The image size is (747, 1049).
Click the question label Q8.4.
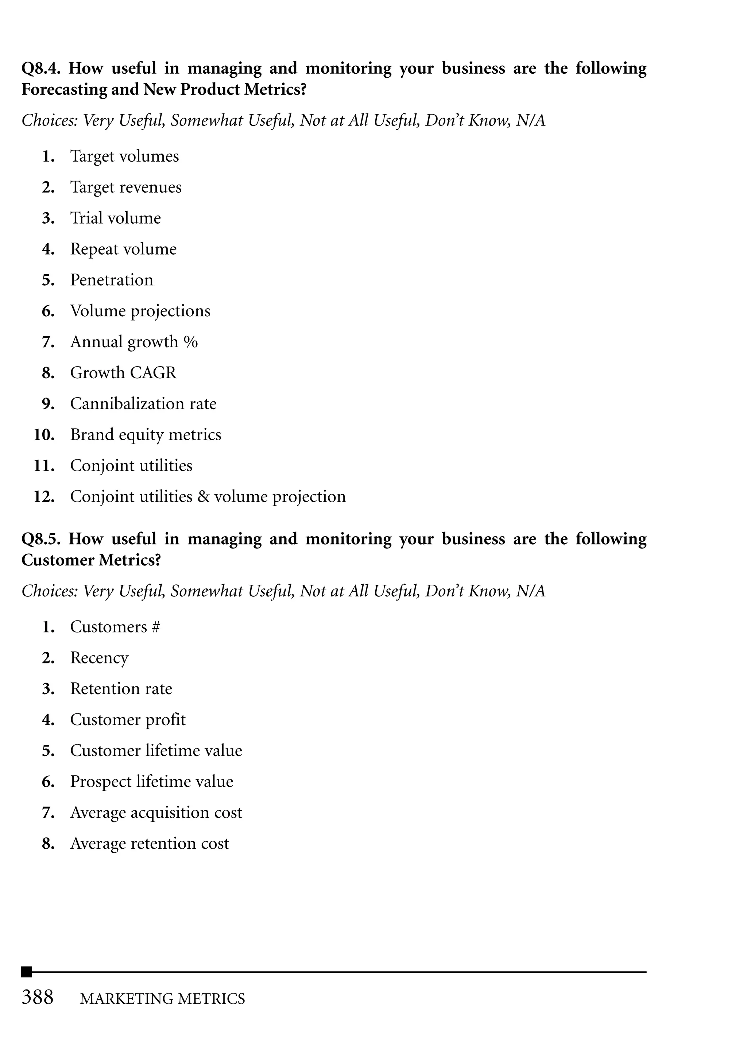40,69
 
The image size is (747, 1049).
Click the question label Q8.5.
40,539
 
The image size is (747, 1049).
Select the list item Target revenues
125,187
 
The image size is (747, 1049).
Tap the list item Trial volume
116,218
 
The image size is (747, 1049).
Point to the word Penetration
111,280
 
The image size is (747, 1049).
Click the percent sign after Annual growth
190,342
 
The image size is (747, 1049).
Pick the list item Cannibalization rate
143,404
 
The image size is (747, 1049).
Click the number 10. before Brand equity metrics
44,435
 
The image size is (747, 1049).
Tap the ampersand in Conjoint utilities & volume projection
203,497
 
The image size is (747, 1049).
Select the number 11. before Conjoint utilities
44,466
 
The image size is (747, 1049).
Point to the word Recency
99,658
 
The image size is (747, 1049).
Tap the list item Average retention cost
149,843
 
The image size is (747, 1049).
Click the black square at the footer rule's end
27,972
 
